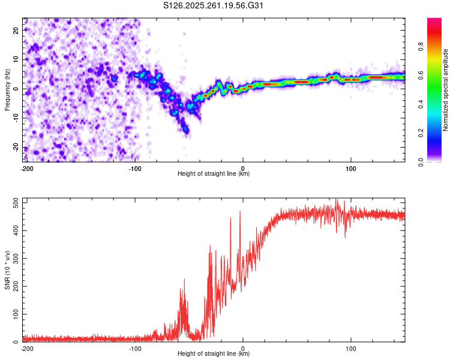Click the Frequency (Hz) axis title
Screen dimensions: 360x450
pos(7,90)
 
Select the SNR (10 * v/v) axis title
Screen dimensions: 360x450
pos(7,271)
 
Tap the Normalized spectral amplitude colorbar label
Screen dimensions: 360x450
pos(445,90)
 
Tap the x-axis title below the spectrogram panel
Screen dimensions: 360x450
pos(214,174)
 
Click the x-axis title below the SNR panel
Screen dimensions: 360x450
pos(214,354)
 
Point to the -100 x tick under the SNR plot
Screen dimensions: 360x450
pos(135,348)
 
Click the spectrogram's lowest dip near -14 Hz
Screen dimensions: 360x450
pos(186,130)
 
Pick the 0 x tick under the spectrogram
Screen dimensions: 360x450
pos(243,168)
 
